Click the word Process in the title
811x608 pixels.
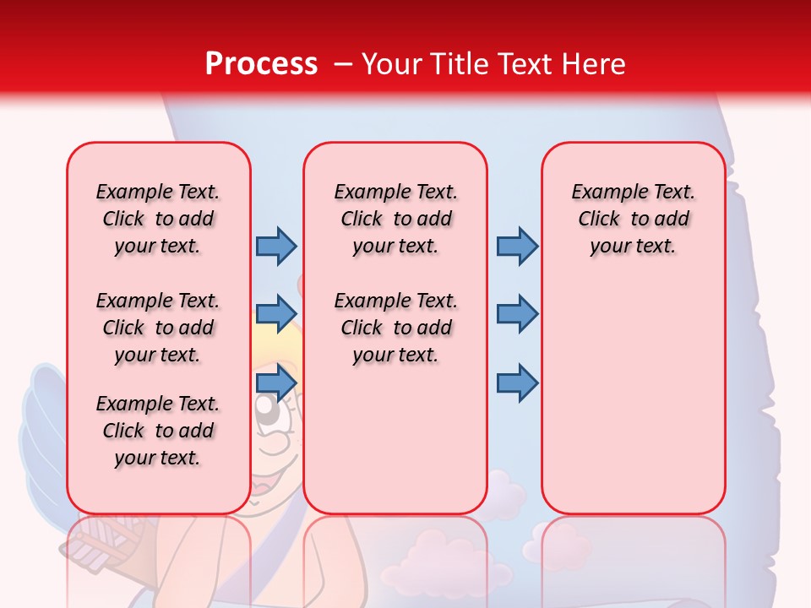click(x=261, y=64)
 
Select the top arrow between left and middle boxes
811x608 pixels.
click(x=275, y=246)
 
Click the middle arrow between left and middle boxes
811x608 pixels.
click(x=275, y=313)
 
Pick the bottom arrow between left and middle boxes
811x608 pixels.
click(x=275, y=383)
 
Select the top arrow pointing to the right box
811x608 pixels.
click(x=517, y=246)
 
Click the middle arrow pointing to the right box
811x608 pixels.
click(x=517, y=313)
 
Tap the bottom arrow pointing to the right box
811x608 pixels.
click(x=517, y=383)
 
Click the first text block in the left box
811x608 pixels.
click(x=158, y=219)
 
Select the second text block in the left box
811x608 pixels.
click(x=158, y=328)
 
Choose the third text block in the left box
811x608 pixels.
click(x=158, y=431)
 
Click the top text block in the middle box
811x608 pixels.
click(x=395, y=219)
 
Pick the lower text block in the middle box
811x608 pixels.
click(x=395, y=328)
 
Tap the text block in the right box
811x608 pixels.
click(x=633, y=219)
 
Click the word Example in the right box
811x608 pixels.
click(x=601, y=193)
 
